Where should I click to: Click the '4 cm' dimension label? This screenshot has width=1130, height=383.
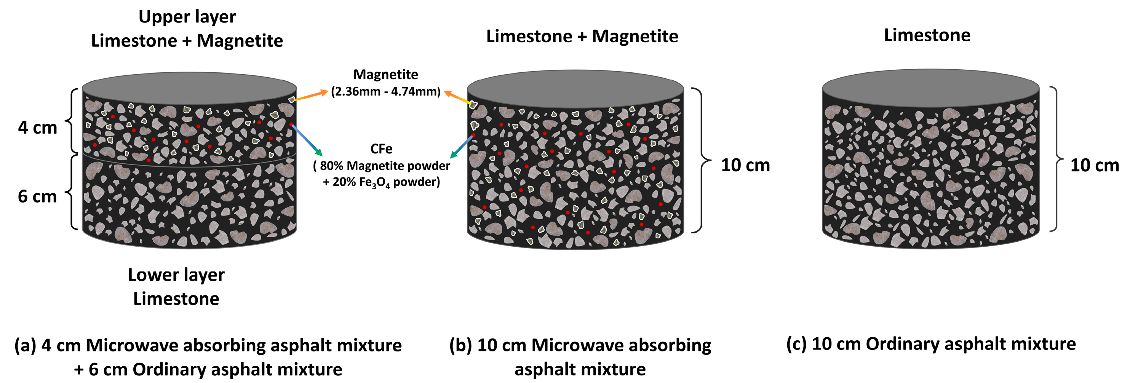pyautogui.click(x=38, y=128)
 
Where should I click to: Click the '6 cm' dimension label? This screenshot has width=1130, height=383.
pyautogui.click(x=37, y=196)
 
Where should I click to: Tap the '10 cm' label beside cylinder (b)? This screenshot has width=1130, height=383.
pyautogui.click(x=745, y=165)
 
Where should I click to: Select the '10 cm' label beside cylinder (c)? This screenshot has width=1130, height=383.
pyautogui.click(x=1095, y=165)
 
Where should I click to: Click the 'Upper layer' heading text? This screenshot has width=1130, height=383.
pyautogui.click(x=187, y=17)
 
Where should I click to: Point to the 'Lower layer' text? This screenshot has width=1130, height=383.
pyautogui.click(x=176, y=275)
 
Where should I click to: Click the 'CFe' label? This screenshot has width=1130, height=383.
pyautogui.click(x=381, y=149)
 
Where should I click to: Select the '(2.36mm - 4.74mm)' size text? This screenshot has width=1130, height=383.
pyautogui.click(x=385, y=92)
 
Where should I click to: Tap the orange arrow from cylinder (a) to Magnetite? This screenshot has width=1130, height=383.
pyautogui.click(x=310, y=96)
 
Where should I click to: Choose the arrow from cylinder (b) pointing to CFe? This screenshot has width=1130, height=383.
pyautogui.click(x=462, y=147)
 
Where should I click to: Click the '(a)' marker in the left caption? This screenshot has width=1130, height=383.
pyautogui.click(x=24, y=346)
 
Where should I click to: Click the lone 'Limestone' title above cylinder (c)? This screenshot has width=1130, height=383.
pyautogui.click(x=927, y=35)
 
